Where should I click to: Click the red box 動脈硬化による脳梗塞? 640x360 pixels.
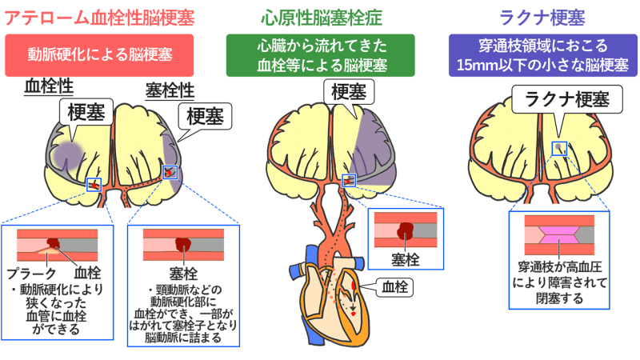[99, 54]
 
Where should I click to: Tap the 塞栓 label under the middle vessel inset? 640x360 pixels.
[404, 258]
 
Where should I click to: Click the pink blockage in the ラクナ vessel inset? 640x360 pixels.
[559, 236]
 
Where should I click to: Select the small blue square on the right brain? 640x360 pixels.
[559, 148]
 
